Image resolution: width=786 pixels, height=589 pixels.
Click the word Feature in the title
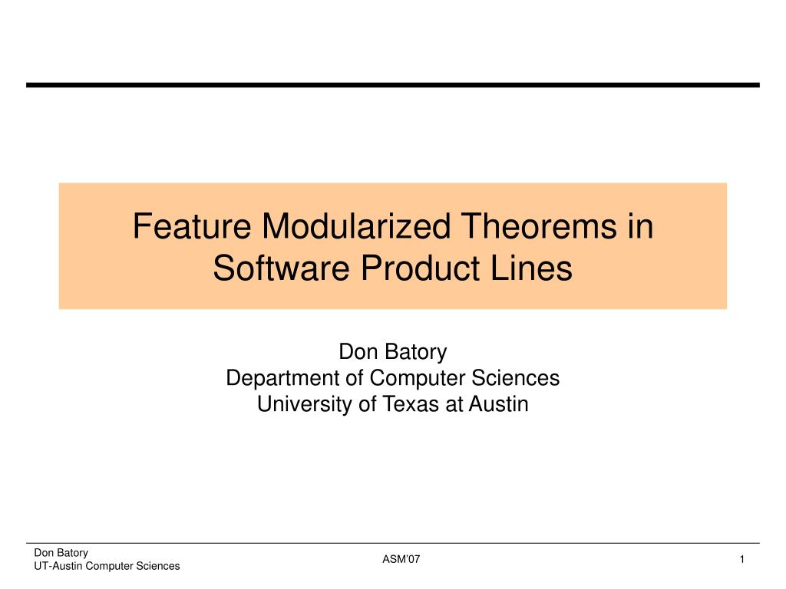pos(192,226)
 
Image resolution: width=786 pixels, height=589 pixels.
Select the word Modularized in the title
pos(356,226)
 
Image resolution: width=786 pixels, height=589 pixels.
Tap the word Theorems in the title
pos(538,226)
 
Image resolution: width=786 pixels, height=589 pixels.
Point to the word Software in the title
pos(281,268)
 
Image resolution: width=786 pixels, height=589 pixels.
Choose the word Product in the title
pos(420,268)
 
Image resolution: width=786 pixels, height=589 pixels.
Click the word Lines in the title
pos(531,268)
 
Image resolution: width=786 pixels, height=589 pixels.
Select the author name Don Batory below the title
pos(393,351)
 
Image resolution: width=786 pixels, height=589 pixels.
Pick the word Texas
pos(411,404)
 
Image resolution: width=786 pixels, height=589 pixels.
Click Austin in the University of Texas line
pos(498,404)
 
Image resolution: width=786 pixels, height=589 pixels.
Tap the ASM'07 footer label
pos(401,559)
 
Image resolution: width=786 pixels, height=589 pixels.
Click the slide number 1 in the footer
pos(742,559)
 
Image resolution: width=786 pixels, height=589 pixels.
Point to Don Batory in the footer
pos(61,553)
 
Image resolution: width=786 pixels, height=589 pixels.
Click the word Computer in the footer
pos(110,566)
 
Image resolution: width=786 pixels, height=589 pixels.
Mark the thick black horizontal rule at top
pos(393,86)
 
